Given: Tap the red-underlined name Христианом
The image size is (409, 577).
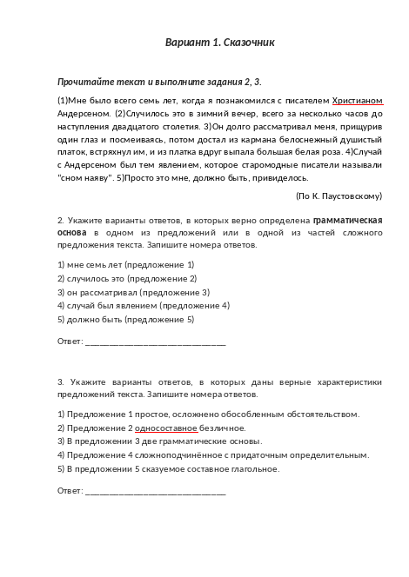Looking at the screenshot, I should (358, 101).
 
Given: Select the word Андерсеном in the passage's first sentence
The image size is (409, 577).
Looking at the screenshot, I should (84, 113).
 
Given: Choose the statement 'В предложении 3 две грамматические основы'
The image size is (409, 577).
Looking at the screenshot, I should (157, 441).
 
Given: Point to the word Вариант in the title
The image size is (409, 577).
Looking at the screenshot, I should (187, 43).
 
